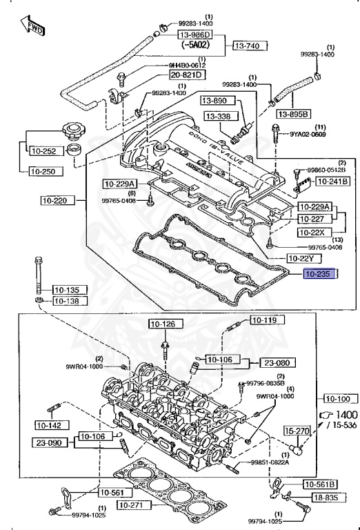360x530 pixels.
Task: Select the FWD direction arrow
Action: (34, 28)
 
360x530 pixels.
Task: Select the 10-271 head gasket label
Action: (133, 505)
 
